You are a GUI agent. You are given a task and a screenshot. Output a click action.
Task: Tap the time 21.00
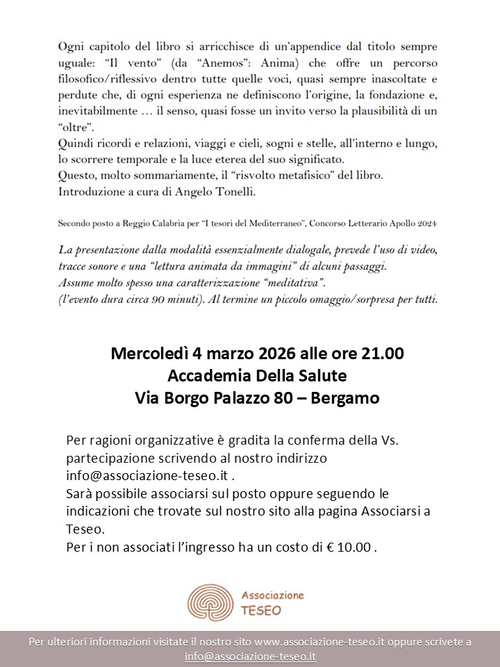click(x=382, y=354)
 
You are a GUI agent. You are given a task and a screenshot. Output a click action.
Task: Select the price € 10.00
click(x=351, y=546)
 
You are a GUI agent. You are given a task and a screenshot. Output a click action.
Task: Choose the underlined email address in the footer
click(x=250, y=656)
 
